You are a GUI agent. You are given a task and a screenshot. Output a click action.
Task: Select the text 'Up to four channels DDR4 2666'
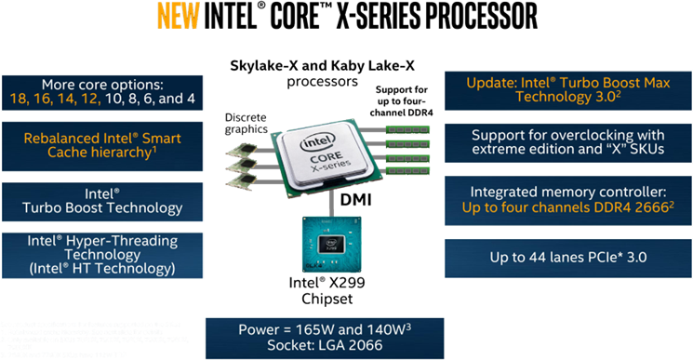coord(568,207)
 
